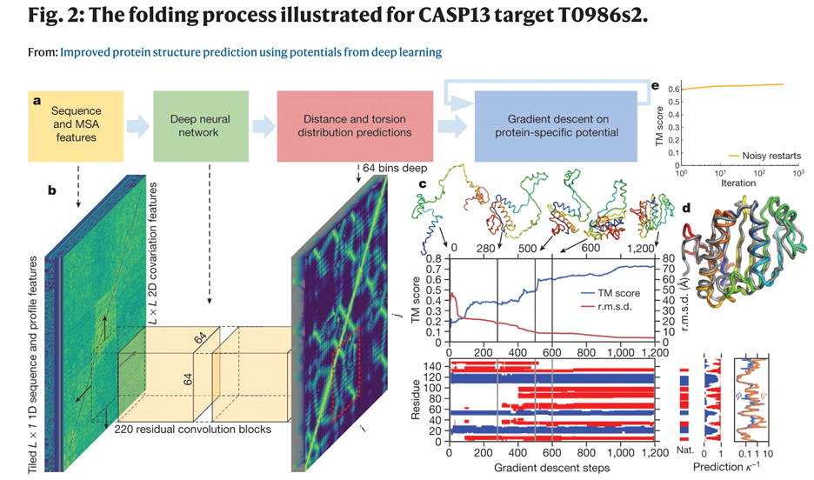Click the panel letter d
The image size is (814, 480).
[x=686, y=208]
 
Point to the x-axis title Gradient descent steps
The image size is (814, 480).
[x=552, y=468]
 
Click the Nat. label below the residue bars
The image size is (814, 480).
[x=684, y=453]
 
